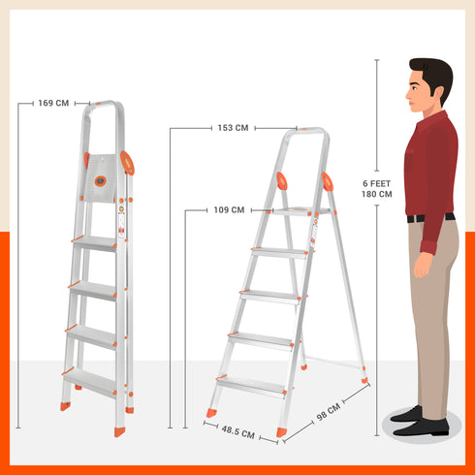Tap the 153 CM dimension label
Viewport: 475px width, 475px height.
(x=233, y=127)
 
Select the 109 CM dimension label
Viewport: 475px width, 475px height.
(x=229, y=209)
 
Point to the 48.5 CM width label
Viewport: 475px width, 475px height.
(x=238, y=434)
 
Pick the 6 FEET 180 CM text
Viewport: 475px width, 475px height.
(x=376, y=188)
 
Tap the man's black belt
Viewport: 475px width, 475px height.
(x=430, y=218)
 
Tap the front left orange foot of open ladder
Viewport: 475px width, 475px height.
(x=209, y=414)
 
